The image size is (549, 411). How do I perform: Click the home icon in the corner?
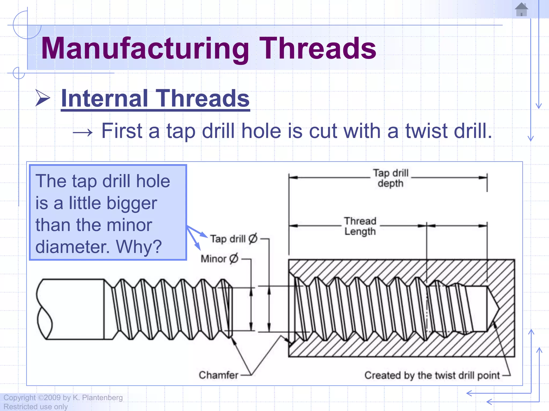[x=521, y=9]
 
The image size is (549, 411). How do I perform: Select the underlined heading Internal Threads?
[x=155, y=98]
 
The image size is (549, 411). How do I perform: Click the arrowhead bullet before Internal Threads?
[x=43, y=98]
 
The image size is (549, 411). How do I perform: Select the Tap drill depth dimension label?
[x=391, y=178]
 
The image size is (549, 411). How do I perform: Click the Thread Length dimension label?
[x=360, y=226]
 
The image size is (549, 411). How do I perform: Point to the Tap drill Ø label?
[x=233, y=239]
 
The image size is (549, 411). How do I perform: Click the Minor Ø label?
[x=219, y=259]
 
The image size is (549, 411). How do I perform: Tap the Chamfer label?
[x=218, y=375]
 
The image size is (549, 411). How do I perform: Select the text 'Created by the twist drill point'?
[x=432, y=375]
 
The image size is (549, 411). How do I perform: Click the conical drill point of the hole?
[x=493, y=309]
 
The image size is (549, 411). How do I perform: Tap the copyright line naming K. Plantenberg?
[x=63, y=398]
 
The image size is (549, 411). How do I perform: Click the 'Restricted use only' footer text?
[x=35, y=407]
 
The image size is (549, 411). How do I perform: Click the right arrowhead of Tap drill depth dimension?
[x=483, y=177]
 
